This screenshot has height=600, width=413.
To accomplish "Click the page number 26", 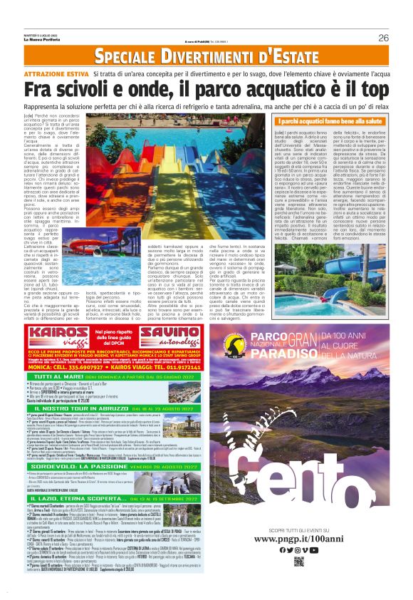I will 384,38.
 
